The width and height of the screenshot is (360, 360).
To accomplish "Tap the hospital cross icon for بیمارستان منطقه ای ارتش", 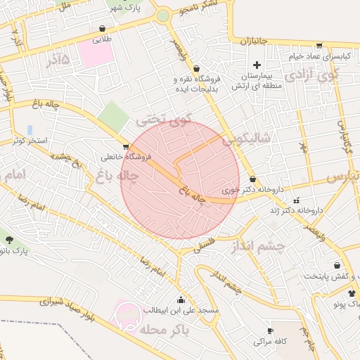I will click(x=257, y=65).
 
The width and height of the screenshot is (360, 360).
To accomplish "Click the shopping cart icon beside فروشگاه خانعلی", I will click(x=126, y=147).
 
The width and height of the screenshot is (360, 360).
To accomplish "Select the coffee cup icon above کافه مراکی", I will click(x=270, y=330).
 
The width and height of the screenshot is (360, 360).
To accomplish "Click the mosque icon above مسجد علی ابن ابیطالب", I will click(x=181, y=299).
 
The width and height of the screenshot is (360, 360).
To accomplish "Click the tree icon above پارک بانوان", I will click(x=9, y=240).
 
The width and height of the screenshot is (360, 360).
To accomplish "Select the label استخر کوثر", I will click(x=30, y=141).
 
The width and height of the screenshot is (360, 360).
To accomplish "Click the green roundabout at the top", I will click(x=163, y=15).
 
